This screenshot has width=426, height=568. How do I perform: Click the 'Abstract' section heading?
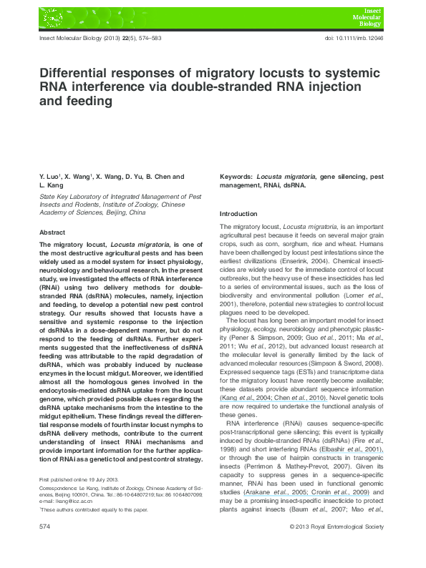point(52,232)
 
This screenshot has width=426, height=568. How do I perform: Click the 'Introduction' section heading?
point(238,214)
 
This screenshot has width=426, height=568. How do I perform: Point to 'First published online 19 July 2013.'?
point(78,479)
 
